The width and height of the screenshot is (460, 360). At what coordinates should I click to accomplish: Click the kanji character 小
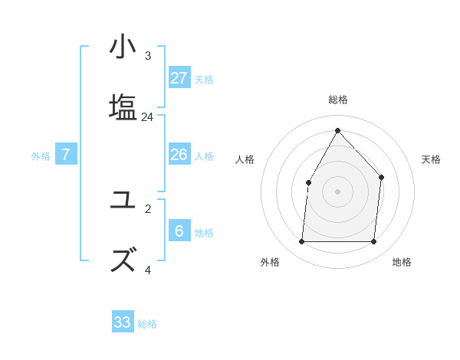123,48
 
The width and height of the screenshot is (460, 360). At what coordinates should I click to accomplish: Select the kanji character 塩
123,106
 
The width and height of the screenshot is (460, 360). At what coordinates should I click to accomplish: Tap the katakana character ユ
123,201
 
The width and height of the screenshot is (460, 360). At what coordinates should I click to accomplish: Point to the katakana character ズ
123,259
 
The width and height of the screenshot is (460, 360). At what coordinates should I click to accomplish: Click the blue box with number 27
179,78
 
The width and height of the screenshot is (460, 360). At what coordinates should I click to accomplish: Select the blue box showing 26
179,155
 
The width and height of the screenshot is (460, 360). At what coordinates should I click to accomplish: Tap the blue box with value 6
179,231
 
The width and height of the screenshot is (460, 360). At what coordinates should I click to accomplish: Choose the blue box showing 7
66,155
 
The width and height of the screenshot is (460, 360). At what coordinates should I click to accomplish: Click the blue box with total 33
123,322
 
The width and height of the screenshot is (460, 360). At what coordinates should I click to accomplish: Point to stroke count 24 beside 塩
147,117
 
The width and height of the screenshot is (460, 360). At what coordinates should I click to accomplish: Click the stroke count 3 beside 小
148,56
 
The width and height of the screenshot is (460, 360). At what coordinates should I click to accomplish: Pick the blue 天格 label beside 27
204,79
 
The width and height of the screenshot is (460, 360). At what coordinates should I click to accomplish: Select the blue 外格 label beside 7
41,155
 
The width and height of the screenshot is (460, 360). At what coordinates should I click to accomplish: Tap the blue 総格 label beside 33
147,324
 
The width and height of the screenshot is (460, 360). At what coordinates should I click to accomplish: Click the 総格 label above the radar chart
338,100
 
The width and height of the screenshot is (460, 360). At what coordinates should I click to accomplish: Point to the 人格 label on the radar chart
245,159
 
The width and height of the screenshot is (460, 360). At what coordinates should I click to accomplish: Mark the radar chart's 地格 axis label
402,263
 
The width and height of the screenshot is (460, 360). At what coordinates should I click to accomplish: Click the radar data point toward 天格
381,178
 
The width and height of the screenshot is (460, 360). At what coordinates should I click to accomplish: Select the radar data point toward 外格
301,242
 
